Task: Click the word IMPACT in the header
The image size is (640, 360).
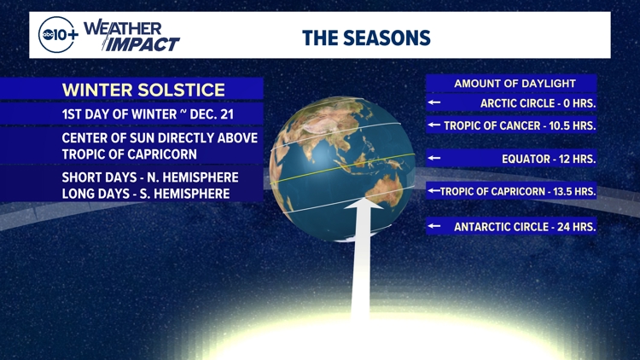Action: point(143,44)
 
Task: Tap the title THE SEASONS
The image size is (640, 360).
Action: point(366,38)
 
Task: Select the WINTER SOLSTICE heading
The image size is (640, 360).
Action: point(143,90)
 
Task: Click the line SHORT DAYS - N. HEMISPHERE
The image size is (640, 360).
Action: point(150,177)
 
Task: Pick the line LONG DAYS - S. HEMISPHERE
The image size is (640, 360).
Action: point(146,195)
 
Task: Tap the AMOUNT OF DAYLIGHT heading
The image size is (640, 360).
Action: point(515,84)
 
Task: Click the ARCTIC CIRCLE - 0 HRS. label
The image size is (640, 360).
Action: point(538,103)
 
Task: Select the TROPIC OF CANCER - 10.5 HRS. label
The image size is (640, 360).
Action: point(520,125)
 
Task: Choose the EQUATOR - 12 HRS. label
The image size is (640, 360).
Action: point(549,159)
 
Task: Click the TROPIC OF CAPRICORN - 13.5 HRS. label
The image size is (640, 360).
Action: point(518,192)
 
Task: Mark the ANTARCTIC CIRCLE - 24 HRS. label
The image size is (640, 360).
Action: point(525,227)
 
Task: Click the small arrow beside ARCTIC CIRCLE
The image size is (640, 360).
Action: point(434,103)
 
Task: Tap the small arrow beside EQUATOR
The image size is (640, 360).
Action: point(434,159)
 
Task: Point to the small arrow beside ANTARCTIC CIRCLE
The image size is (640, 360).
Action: point(434,227)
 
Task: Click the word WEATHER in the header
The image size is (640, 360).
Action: point(123,28)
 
